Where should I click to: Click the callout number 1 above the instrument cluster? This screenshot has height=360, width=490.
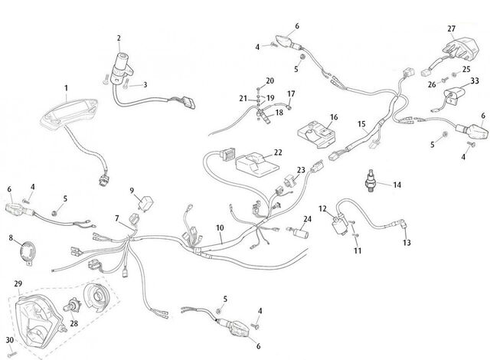[x=67, y=88]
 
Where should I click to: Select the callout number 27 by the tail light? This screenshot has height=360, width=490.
[x=451, y=29]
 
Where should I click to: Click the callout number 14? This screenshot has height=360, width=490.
[x=397, y=185]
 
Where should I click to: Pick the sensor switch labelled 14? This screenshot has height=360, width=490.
[x=371, y=181]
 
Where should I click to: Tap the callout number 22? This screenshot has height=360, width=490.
[x=278, y=152]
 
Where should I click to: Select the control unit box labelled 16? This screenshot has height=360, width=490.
[x=316, y=135]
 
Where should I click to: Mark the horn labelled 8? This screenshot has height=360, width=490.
[x=28, y=253]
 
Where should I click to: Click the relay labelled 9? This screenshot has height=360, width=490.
[x=146, y=203]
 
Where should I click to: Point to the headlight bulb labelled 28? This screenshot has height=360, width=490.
[x=72, y=306]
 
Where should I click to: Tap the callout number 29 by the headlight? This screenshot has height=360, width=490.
[x=18, y=283]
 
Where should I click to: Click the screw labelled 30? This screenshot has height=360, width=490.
[x=12, y=354]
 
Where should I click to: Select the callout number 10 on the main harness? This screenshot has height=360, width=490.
[x=220, y=227]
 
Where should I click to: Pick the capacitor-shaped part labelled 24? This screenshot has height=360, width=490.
[x=299, y=233]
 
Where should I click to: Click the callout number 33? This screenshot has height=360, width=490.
[x=475, y=80]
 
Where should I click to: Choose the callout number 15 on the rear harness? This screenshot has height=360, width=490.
[x=361, y=124]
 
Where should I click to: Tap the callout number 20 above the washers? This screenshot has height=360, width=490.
[x=269, y=80]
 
